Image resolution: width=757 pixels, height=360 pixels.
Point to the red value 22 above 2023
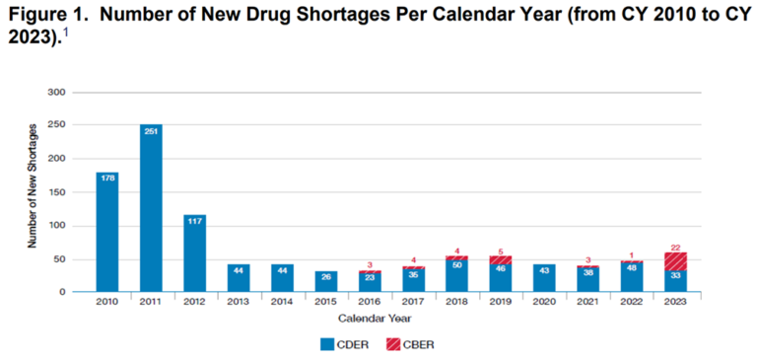tap(676, 247)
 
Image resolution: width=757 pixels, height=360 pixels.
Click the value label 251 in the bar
tap(151, 131)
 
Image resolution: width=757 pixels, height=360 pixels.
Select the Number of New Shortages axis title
tap(33, 192)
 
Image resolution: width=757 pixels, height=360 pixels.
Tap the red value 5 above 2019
tap(501, 251)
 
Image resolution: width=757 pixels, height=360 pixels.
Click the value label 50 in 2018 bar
tap(457, 266)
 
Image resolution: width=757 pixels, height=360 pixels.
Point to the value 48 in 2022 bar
tap(632, 267)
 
